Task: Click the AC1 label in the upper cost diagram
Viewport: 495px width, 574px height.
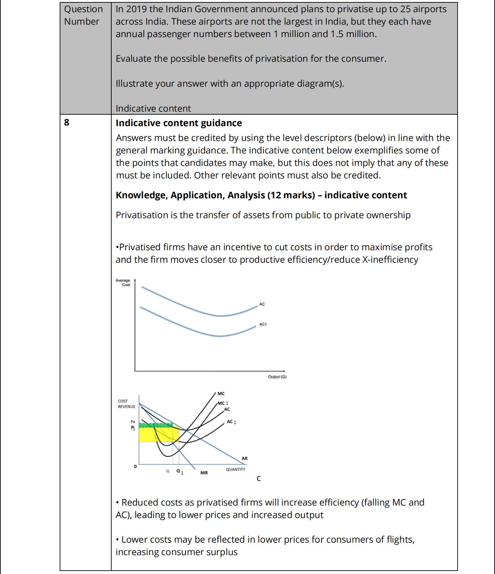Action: tap(263, 324)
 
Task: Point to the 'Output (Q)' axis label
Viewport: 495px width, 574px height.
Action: tap(277, 377)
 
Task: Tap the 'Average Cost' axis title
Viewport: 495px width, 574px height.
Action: tap(123, 282)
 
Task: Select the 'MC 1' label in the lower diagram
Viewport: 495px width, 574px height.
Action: tap(223, 403)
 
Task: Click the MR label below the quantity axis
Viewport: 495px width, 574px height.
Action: tap(204, 473)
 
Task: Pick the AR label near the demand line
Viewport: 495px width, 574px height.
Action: tap(244, 458)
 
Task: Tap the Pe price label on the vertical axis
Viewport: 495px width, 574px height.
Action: tap(133, 422)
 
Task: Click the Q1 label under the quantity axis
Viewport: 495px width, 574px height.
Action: tap(180, 471)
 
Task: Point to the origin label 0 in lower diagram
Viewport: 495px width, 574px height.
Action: tap(135, 466)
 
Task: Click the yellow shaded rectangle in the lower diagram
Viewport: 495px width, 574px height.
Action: tap(152, 434)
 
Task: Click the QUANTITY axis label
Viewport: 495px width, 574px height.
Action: tap(235, 469)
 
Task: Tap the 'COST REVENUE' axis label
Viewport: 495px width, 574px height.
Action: tap(126, 404)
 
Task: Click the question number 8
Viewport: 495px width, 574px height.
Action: tap(67, 122)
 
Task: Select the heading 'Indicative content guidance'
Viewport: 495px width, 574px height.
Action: tap(179, 123)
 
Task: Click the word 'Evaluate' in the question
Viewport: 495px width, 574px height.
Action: tap(134, 59)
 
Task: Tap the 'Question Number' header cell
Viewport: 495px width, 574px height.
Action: tap(83, 15)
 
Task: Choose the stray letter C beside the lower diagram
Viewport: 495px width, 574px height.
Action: tap(259, 479)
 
